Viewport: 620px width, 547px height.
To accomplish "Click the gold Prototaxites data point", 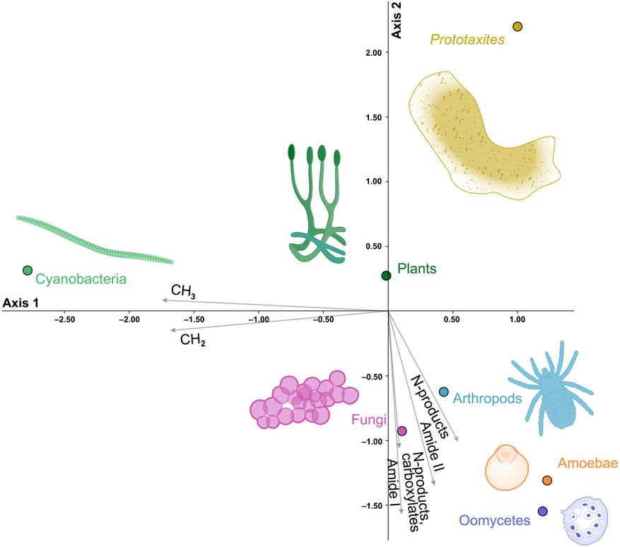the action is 517,26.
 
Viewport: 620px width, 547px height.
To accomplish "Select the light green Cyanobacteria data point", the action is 28,271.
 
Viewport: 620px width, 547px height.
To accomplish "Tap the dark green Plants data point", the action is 386,276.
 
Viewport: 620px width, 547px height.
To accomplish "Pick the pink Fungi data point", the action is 402,431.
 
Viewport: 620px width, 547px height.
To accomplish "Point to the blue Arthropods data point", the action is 444,392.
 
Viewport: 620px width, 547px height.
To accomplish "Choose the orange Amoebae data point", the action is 547,480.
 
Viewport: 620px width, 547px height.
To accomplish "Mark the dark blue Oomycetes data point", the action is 542,511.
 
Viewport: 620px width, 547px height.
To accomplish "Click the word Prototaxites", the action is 467,40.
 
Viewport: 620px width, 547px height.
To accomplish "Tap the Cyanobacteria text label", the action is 81,279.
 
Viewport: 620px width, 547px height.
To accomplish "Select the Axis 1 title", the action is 21,303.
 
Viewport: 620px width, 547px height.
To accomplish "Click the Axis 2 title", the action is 396,20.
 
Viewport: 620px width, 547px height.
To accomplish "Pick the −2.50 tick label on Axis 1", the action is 64,319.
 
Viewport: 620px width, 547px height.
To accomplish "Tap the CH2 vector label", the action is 193,340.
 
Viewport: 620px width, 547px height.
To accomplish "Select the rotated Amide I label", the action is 392,485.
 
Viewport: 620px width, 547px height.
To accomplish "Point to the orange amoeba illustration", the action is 507,468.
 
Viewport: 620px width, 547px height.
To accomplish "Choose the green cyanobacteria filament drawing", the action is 95,240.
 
